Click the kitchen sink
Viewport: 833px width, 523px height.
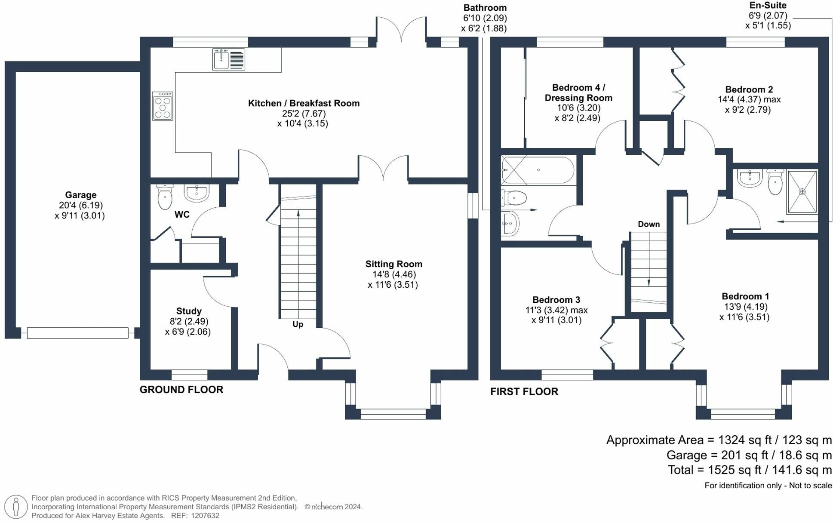point(229,59)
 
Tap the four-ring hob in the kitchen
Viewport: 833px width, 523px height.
point(163,106)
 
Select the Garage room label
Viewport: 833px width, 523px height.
point(80,195)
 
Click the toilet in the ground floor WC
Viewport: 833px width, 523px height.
point(165,197)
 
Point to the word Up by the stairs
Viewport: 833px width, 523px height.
point(298,324)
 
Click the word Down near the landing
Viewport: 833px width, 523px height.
point(649,224)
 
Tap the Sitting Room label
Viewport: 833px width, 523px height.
point(394,264)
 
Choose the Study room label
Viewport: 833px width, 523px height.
point(189,311)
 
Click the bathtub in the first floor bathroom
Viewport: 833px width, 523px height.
point(538,170)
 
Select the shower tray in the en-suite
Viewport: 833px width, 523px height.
point(802,192)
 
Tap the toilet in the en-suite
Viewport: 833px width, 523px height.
point(775,182)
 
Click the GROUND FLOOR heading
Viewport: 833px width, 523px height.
point(181,390)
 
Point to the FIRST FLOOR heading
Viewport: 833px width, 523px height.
point(524,391)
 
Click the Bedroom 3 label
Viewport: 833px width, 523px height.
point(556,300)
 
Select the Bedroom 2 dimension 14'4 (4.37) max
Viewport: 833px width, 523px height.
point(749,99)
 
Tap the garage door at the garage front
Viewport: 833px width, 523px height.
point(77,332)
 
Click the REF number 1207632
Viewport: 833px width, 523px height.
point(205,516)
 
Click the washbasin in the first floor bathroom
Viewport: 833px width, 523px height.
point(510,223)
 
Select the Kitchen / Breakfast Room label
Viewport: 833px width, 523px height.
point(304,103)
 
